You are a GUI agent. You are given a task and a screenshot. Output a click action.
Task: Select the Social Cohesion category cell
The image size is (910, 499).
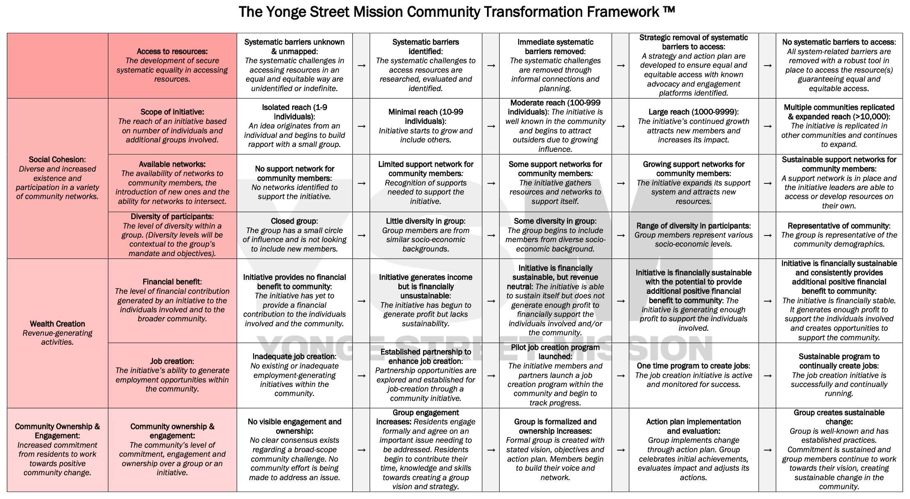(57, 178)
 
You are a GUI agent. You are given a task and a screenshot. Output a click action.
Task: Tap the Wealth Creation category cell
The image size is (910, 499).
(57, 333)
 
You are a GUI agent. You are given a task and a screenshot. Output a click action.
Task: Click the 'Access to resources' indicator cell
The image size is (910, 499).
(172, 65)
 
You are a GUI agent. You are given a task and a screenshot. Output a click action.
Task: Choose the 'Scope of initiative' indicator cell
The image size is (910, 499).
(172, 126)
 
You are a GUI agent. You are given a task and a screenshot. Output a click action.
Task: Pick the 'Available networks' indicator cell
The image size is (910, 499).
(172, 183)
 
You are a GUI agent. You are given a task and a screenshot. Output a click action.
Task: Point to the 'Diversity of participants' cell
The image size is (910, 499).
(172, 235)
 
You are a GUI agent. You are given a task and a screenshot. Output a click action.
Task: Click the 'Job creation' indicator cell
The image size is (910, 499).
(172, 375)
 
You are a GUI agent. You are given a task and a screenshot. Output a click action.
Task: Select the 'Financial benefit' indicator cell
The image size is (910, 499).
(172, 300)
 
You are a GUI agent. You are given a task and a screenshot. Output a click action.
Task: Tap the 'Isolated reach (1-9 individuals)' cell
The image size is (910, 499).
(295, 126)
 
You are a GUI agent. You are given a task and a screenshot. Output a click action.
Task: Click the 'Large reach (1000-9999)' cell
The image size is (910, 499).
(693, 126)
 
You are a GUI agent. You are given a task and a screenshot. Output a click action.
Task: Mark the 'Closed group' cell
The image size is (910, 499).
(295, 235)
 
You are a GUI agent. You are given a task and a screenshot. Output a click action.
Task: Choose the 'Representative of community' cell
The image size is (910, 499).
(839, 235)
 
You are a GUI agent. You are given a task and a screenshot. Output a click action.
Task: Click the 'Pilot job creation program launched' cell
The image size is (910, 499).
(555, 375)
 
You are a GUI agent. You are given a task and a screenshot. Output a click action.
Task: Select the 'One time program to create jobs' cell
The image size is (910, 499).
(693, 375)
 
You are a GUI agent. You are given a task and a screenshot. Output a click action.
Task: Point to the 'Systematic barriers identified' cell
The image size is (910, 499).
(426, 65)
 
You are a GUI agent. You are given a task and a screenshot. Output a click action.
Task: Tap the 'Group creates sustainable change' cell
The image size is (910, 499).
(839, 449)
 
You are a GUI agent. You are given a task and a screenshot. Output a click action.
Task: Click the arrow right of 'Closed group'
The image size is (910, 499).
(361, 235)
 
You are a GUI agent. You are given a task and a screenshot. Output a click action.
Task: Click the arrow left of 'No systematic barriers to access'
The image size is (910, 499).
(767, 66)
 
